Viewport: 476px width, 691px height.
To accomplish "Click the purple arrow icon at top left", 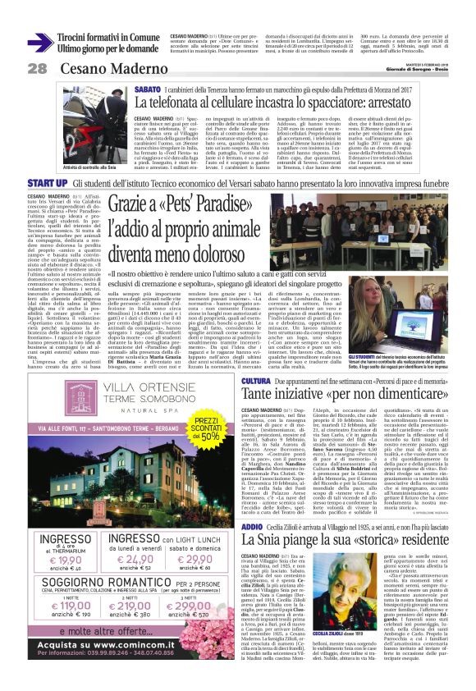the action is click(39, 42).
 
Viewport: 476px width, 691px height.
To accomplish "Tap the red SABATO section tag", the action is click(147, 88).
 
